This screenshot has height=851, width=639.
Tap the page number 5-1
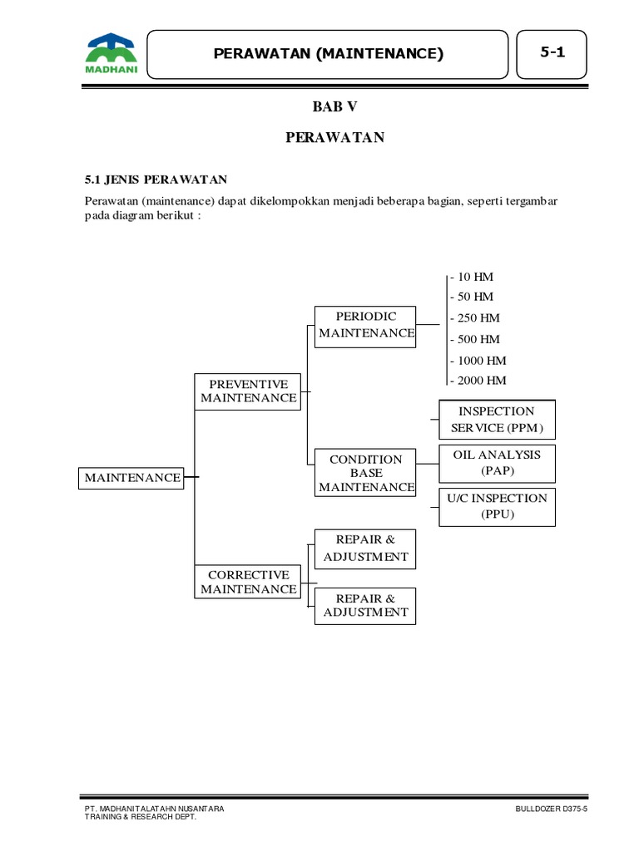click(x=552, y=52)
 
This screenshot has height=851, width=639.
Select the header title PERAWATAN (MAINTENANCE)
click(x=328, y=54)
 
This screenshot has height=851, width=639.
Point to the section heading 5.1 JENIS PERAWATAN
click(x=156, y=180)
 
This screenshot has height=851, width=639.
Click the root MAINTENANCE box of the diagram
click(x=131, y=478)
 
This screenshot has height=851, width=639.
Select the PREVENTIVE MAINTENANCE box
click(x=248, y=391)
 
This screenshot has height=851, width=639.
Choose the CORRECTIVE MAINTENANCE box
click(x=248, y=583)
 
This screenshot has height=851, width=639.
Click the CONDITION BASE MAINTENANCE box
click(x=365, y=473)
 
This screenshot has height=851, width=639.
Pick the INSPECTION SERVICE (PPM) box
click(x=497, y=420)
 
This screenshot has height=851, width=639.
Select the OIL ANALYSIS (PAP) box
click(x=497, y=463)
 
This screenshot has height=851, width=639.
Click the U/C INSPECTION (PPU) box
click(x=497, y=506)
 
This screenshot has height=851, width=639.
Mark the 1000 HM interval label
click(x=478, y=361)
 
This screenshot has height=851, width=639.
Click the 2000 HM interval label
click(x=478, y=381)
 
